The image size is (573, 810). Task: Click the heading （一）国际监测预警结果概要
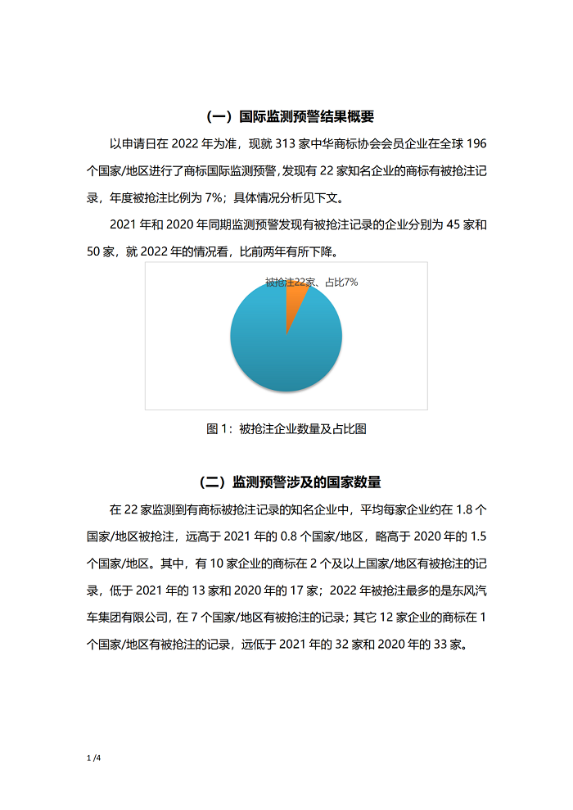[286, 116]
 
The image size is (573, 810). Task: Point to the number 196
[476, 144]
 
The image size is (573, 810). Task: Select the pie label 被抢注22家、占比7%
[311, 282]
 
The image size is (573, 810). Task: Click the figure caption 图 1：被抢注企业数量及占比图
[286, 428]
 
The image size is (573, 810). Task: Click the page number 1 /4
[92, 758]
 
